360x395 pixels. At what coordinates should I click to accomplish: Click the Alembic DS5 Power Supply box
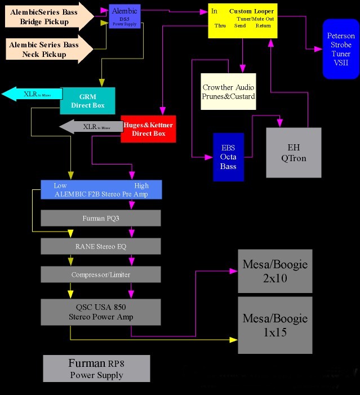coord(124,16)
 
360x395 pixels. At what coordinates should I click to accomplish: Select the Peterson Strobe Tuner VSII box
coord(341,49)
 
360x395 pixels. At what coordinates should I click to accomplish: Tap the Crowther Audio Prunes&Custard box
coord(228,91)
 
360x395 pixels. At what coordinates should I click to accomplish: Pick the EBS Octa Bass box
coord(228,157)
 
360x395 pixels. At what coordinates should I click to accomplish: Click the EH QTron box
coord(294,153)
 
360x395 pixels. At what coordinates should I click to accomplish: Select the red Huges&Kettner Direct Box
coord(148,129)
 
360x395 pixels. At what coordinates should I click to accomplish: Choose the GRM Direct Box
coord(87,101)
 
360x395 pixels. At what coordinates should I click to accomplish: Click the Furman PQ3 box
coord(101,218)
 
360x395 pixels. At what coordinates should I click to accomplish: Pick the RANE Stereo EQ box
coord(101,246)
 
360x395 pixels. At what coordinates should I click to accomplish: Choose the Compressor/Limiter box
coord(101,274)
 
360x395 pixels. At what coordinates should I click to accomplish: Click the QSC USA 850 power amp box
coord(101,312)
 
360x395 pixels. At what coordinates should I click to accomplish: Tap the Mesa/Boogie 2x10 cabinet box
coord(275,270)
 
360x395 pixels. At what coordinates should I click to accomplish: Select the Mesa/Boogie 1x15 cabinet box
coord(275,326)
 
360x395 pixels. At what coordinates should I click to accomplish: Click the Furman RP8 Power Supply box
coord(96,369)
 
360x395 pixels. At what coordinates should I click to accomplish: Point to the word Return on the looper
coord(263,26)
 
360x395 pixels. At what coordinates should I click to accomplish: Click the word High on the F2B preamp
coord(141,185)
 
